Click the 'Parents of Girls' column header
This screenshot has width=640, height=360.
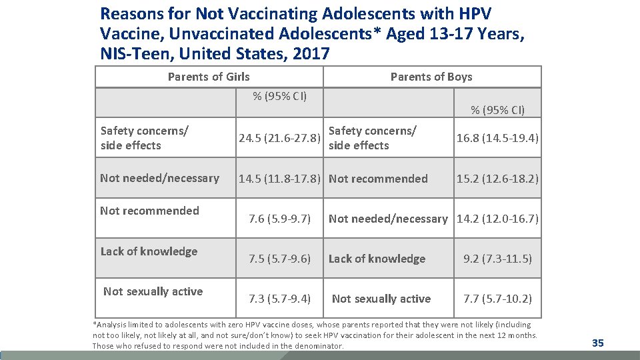pos(209,77)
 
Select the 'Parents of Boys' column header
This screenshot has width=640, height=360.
pos(431,77)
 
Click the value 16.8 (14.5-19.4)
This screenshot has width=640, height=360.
pos(497,139)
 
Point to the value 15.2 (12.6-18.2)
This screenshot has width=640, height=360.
pos(497,179)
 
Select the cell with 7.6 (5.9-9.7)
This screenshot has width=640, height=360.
pos(280,219)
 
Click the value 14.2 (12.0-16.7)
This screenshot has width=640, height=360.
pos(497,219)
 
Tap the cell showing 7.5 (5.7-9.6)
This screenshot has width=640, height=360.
pos(280,259)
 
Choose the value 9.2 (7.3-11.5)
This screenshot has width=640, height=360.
pos(497,259)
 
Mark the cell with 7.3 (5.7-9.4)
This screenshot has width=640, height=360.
pos(280,299)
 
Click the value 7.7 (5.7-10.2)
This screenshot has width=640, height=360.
pos(497,299)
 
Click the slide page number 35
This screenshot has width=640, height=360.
pos(597,343)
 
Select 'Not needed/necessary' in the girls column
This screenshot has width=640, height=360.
pos(159,178)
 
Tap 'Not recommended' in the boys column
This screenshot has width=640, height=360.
pos(378,179)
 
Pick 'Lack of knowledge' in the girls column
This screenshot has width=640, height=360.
pos(149,251)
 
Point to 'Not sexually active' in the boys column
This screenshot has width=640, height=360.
pos(381,299)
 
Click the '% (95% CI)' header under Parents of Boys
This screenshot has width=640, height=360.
pos(497,110)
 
